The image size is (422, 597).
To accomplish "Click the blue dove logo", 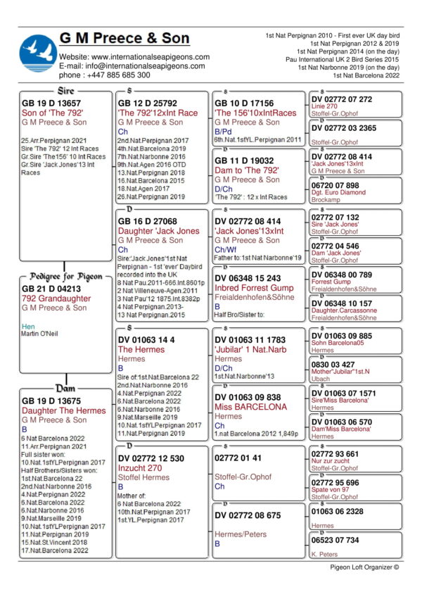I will [x=38, y=54].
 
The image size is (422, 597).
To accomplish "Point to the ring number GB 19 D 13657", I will [x=51, y=103].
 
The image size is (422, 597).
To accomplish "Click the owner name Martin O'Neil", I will [x=41, y=333].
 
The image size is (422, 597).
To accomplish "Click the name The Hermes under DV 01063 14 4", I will [x=141, y=349].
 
